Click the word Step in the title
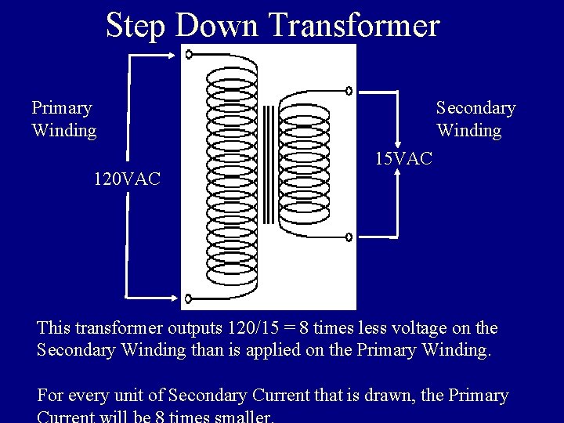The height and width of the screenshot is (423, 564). tap(137, 25)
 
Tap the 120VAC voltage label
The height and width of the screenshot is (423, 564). tap(127, 179)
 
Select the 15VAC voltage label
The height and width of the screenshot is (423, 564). tap(402, 159)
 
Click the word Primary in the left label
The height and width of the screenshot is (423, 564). tap(62, 107)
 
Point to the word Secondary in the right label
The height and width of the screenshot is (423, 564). tap(475, 107)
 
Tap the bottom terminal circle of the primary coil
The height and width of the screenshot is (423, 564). tap(188, 298)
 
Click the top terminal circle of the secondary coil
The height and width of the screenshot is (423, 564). tap(349, 91)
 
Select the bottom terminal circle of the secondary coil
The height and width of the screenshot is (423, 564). tap(349, 235)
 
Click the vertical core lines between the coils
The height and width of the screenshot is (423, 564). tap(268, 164)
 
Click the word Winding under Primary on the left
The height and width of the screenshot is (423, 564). tap(64, 130)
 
